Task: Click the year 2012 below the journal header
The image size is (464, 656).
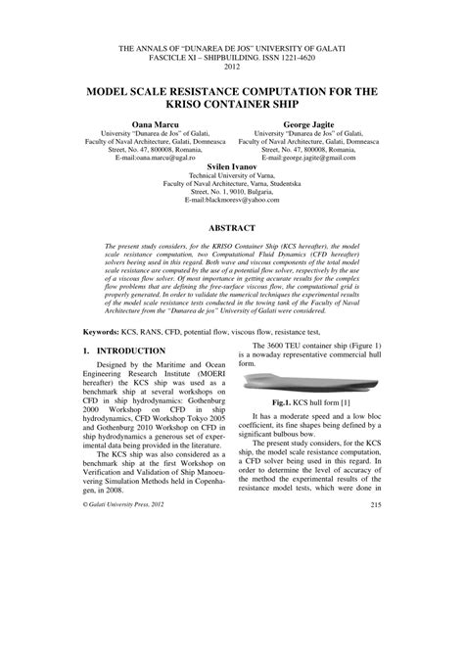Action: point(231,67)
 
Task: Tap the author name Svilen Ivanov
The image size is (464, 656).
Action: point(231,166)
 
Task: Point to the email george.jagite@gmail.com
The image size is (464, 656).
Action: point(323,156)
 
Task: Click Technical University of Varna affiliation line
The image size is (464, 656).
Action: point(231,176)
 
